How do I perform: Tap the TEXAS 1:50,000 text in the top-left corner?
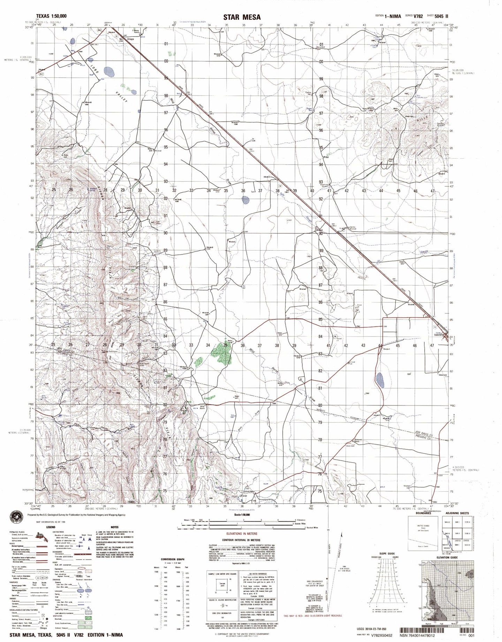coord(51,16)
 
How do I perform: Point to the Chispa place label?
coord(130,39)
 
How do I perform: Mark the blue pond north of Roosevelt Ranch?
coord(381,377)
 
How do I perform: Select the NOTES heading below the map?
coord(115,528)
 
